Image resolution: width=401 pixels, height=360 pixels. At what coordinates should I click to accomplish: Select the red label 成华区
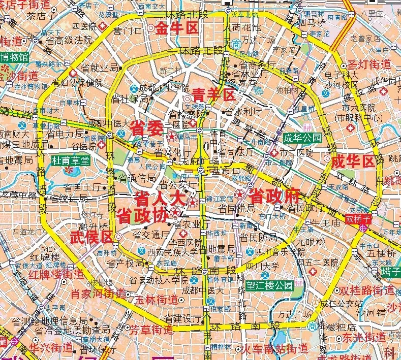click(353, 162)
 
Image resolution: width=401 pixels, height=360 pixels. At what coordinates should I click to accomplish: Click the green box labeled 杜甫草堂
click(71, 160)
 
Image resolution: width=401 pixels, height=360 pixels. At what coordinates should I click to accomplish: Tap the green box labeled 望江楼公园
click(268, 285)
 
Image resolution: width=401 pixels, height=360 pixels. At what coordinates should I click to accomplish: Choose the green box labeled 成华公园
click(303, 138)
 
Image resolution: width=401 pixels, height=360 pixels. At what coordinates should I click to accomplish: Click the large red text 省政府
click(274, 194)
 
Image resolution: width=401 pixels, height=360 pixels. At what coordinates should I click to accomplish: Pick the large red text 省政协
click(142, 215)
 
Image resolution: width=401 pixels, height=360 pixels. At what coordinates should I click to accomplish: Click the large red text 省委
click(146, 128)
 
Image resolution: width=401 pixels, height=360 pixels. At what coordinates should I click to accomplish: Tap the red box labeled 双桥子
click(359, 219)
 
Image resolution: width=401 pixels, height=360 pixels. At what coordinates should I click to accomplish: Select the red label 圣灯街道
click(369, 64)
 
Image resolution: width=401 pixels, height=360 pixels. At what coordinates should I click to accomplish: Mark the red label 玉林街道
click(158, 300)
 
